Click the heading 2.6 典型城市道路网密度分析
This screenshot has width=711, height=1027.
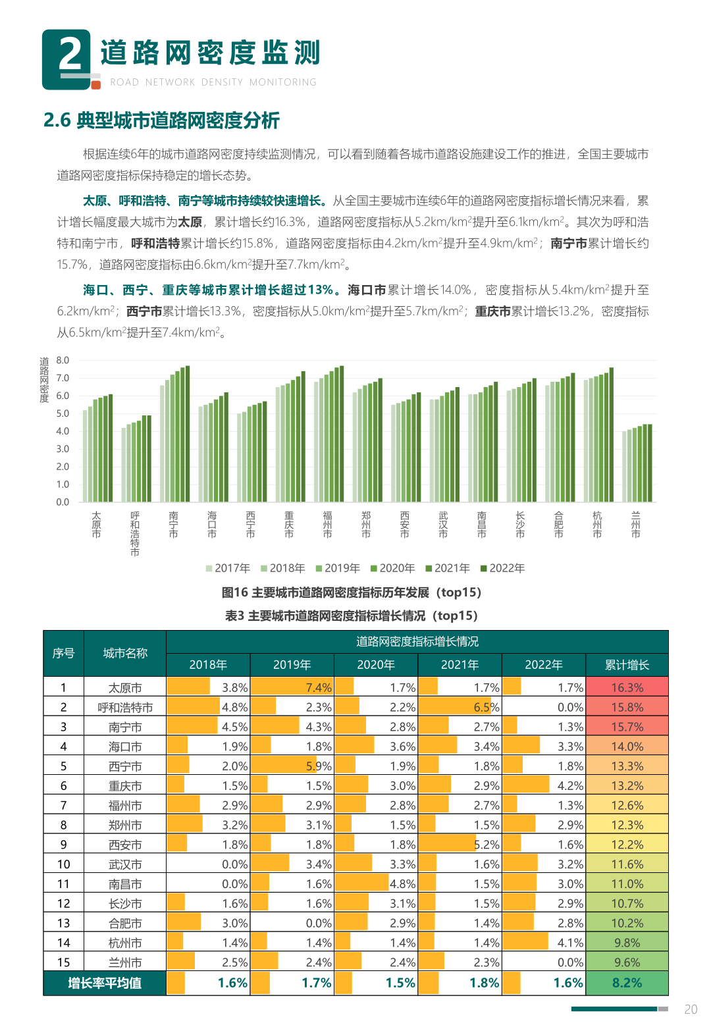pos(161,120)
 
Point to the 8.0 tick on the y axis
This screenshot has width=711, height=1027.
pos(63,360)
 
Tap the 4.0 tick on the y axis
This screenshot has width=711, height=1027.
pos(63,431)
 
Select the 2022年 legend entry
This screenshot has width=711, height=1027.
pos(502,568)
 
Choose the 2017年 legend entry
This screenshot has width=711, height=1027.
pos(228,568)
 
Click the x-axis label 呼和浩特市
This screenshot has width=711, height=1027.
pos(135,533)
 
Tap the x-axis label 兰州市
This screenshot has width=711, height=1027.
pos(635,525)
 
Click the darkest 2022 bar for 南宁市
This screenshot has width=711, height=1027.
pos(188,434)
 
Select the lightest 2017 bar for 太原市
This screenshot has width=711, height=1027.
pos(85,456)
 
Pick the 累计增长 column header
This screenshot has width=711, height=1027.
pos(627,665)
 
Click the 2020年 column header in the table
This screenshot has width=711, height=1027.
pos(376,665)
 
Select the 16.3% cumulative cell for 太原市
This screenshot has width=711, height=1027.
pos(627,687)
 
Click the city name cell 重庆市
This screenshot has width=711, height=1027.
pos(125,785)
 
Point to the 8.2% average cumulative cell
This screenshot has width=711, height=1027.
pos(627,983)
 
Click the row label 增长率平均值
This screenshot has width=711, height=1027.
pos(105,983)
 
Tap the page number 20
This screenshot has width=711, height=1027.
pos(691,1009)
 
